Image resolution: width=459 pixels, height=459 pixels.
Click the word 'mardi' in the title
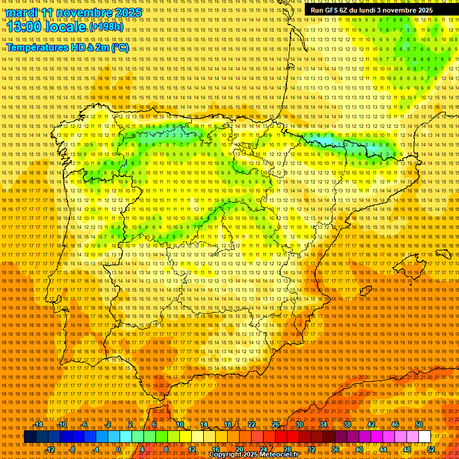point(22,13)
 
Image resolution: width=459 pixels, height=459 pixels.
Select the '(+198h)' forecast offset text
point(106,27)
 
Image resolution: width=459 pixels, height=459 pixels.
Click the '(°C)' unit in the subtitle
point(120,47)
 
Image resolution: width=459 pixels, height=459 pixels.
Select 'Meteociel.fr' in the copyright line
point(280,455)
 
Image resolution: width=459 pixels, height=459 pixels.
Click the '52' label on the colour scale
point(431,449)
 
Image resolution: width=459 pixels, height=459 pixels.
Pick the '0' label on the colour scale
point(119,449)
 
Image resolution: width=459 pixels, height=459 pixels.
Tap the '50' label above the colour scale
point(419,424)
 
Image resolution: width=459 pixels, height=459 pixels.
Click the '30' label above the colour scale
point(299,424)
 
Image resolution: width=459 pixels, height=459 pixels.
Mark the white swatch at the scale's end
point(425,437)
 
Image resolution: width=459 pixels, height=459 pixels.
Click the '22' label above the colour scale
point(252,424)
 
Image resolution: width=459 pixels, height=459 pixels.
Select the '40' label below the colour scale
point(359,449)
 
